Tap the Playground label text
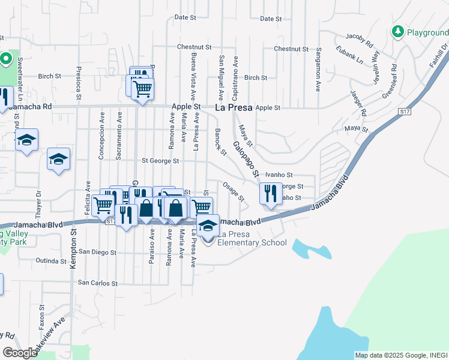[x=427, y=32]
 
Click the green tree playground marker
[x=397, y=31]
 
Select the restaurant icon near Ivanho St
[x=270, y=193]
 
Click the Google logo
[x=20, y=353]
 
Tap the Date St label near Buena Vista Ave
[x=185, y=17]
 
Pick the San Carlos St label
[x=98, y=283]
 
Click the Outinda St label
[x=50, y=261]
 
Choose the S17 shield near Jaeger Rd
[x=404, y=112]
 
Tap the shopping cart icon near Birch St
[x=142, y=89]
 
